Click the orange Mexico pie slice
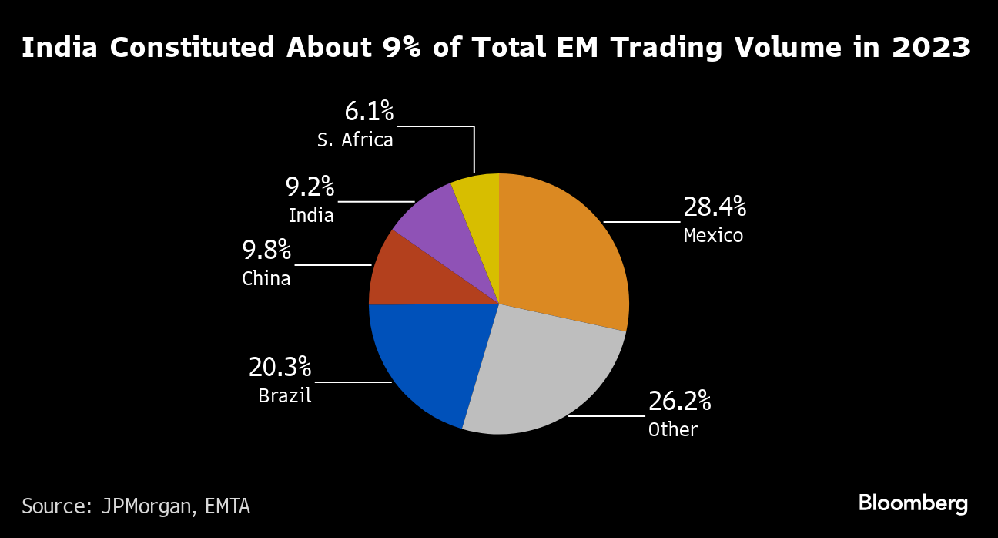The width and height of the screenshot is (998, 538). coord(566,247)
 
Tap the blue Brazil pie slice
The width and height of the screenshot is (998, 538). coord(424,355)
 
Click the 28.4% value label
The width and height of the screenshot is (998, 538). coord(715,207)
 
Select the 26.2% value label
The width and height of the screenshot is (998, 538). coord(679,402)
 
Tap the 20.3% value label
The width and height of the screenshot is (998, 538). coord(280,368)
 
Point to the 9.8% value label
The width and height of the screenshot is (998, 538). coord(266,250)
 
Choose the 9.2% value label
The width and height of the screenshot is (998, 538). coord(310,187)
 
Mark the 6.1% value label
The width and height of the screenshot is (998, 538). coord(369,112)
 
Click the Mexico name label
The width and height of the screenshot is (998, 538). coord(713,235)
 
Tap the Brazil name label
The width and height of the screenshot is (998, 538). coord(285,396)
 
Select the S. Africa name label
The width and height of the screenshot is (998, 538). coord(355,140)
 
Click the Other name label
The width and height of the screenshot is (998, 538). coord(672,429)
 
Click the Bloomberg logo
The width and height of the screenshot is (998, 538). coord(913,504)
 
